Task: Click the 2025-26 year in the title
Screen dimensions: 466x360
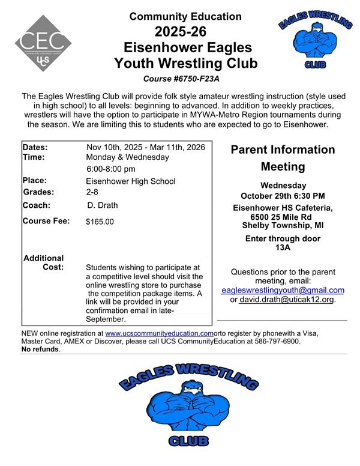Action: click(185, 32)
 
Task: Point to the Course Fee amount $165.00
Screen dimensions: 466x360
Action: click(100, 222)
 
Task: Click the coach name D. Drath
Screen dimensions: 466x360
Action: click(102, 205)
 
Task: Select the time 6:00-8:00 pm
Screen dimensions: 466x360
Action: click(111, 169)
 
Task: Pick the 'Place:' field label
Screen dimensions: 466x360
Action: click(34, 180)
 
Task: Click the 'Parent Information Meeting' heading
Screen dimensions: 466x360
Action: click(283, 157)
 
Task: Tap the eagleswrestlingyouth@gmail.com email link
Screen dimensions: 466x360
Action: click(283, 290)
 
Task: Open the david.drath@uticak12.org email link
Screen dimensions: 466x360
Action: click(286, 299)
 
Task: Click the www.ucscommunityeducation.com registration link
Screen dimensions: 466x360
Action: click(159, 333)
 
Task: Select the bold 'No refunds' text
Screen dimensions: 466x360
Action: click(40, 349)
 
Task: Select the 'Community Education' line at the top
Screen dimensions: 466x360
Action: click(185, 16)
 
